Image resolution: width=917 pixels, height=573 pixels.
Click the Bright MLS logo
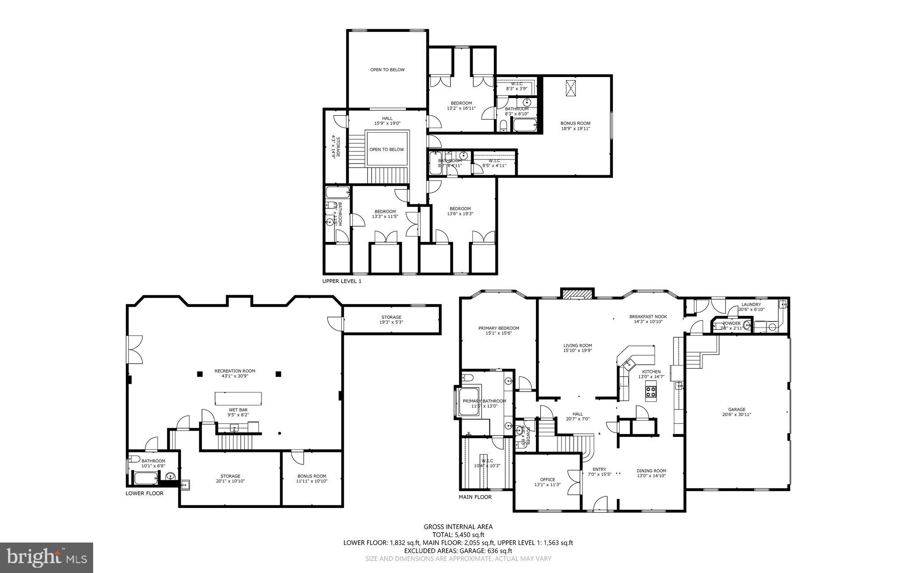tap(47, 557)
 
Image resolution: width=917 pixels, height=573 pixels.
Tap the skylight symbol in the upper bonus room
tap(570, 88)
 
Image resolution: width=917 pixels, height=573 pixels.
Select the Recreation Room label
tap(235, 371)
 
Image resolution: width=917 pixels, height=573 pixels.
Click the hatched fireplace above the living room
tap(578, 294)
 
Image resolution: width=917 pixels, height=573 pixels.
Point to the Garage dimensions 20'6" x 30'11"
tap(737, 415)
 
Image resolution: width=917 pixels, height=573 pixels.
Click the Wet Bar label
tap(238, 409)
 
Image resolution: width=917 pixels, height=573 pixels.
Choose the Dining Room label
tap(651, 471)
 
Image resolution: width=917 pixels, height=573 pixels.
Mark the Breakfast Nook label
tap(648, 316)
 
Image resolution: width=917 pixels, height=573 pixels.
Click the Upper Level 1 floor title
tap(342, 281)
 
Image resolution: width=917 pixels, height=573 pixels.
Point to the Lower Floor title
tap(144, 493)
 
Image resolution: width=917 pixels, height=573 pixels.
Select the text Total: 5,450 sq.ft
tap(458, 534)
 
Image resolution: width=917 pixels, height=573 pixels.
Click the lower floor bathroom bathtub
tap(146, 478)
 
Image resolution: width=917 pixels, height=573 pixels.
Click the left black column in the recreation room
tap(199, 373)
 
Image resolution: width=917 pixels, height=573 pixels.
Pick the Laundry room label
tap(751, 305)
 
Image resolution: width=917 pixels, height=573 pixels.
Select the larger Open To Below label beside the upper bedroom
tap(387, 69)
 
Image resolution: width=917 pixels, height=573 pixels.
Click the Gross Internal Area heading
tap(458, 527)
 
